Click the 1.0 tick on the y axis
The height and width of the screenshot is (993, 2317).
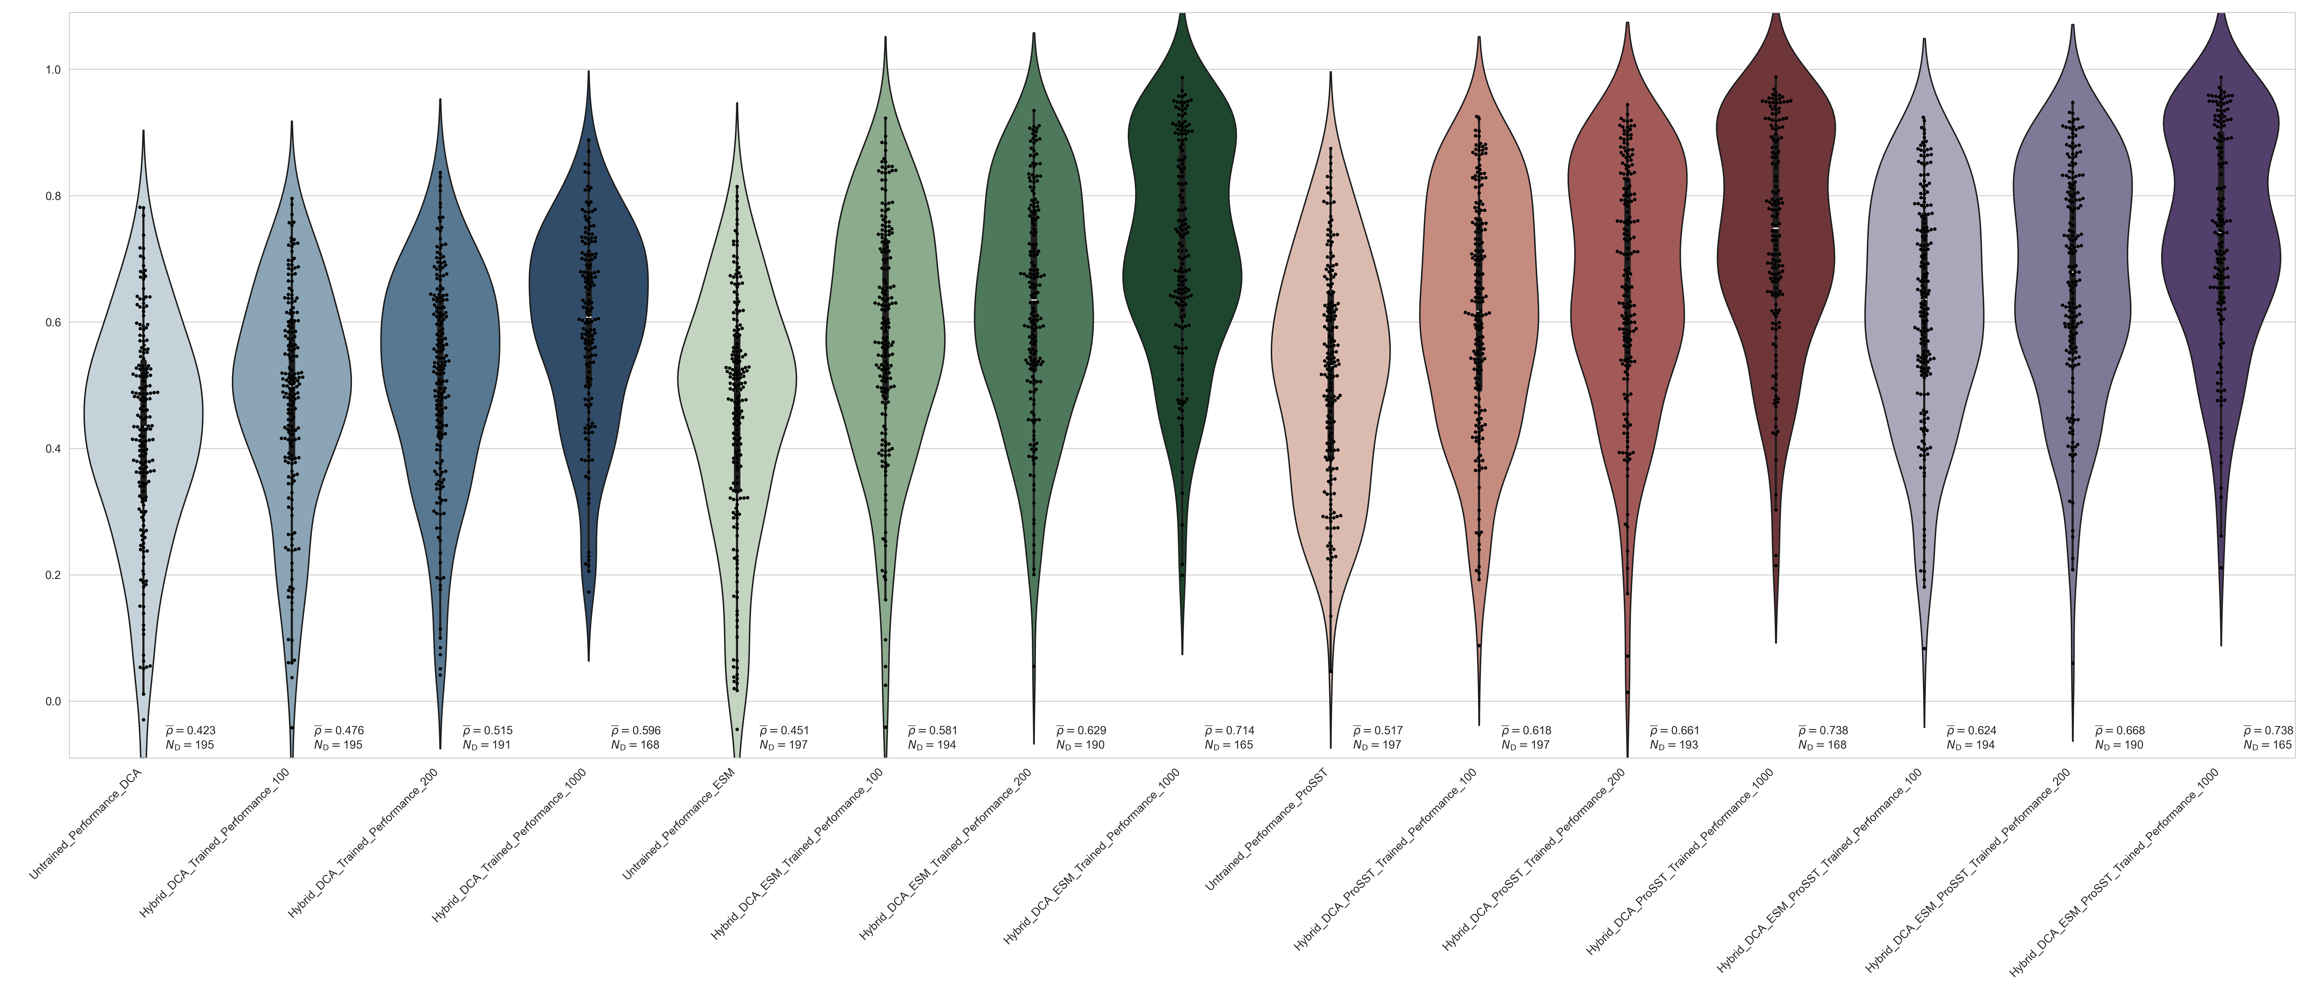pyautogui.click(x=52, y=70)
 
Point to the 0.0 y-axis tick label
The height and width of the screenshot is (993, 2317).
pyautogui.click(x=52, y=701)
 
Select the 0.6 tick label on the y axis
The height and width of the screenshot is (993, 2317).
pyautogui.click(x=52, y=322)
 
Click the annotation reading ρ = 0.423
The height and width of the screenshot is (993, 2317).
pyautogui.click(x=191, y=730)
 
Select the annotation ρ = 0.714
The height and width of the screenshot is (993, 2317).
pyautogui.click(x=1230, y=730)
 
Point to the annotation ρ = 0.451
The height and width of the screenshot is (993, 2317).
pyautogui.click(x=784, y=730)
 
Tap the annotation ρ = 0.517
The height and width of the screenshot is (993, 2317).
pyautogui.click(x=1378, y=730)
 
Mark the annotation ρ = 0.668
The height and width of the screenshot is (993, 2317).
pyautogui.click(x=2120, y=730)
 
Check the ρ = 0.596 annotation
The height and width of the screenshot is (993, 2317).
pyautogui.click(x=636, y=730)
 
